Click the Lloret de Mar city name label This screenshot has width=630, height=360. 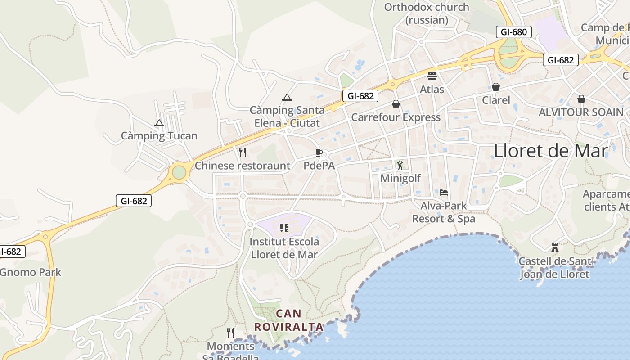pyautogui.click(x=551, y=151)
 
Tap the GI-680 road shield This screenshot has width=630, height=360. pyautogui.click(x=513, y=32)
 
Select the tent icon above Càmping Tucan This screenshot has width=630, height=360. pyautogui.click(x=159, y=123)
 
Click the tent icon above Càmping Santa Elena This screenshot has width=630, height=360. pyautogui.click(x=287, y=97)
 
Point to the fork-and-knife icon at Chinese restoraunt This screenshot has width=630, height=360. pyautogui.click(x=243, y=153)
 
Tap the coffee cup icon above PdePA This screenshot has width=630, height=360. pyautogui.click(x=319, y=153)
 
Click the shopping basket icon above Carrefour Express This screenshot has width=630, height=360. pyautogui.click(x=396, y=104)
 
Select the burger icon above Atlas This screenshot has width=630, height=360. pyautogui.click(x=432, y=76)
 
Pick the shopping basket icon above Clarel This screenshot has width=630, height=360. pyautogui.click(x=496, y=87)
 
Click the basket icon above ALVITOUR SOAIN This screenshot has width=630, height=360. pyautogui.click(x=581, y=99)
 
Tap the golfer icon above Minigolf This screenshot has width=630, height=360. pyautogui.click(x=400, y=165)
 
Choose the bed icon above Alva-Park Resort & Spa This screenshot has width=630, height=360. pyautogui.click(x=444, y=193)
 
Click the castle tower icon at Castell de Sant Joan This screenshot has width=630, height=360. pyautogui.click(x=554, y=247)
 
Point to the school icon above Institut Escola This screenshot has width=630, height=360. pyautogui.click(x=284, y=228)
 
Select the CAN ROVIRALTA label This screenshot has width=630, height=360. pyautogui.click(x=289, y=320)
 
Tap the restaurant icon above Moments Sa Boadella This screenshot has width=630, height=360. pyautogui.click(x=230, y=333)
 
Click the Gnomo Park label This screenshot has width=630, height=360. pyautogui.click(x=31, y=272)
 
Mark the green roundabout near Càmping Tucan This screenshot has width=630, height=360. pyautogui.click(x=179, y=172)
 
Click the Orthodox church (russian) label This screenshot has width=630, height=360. pyautogui.click(x=427, y=13)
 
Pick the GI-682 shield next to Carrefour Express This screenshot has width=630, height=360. pyautogui.click(x=360, y=95)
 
